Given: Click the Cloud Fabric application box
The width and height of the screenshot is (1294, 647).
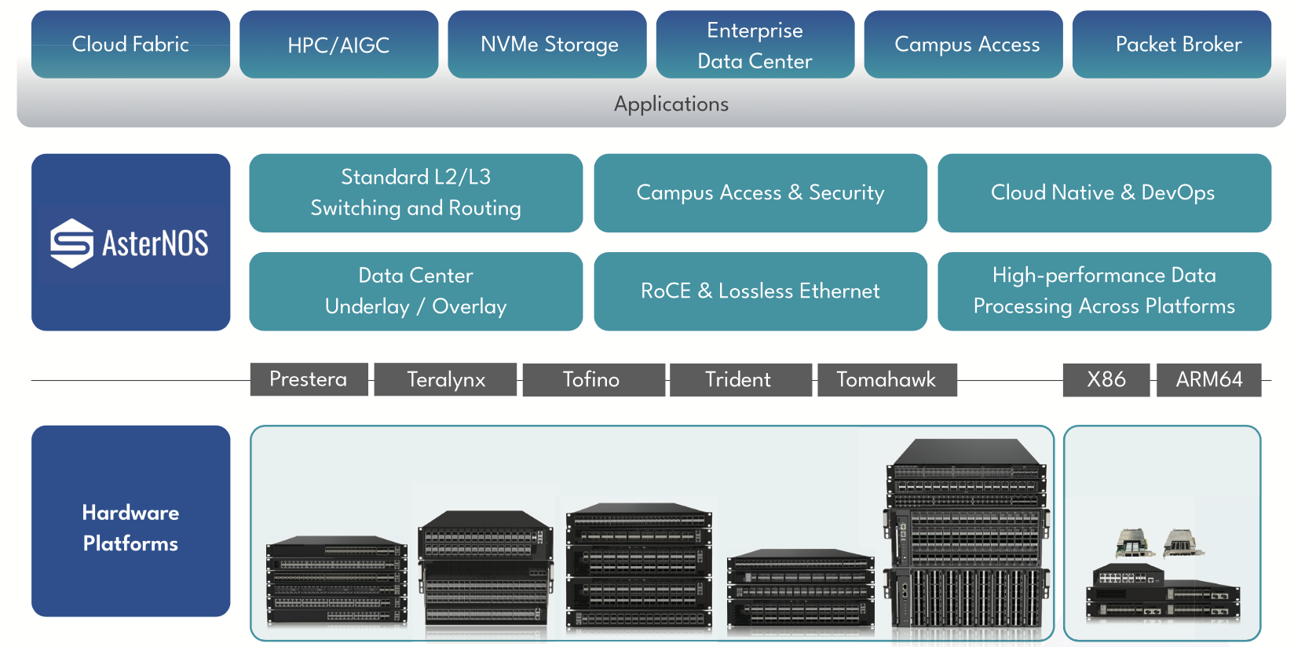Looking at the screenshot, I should [x=130, y=44].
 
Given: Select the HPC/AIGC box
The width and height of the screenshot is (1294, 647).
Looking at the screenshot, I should [x=338, y=45].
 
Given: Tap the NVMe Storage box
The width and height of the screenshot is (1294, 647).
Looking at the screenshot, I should [x=547, y=45].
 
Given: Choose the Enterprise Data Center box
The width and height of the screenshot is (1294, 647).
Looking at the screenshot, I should [x=755, y=45].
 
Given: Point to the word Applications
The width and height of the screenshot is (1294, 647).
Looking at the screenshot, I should [x=671, y=104].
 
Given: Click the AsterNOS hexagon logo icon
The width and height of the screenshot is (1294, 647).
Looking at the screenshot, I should [x=72, y=243].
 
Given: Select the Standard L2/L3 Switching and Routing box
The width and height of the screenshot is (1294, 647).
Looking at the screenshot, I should [x=415, y=193].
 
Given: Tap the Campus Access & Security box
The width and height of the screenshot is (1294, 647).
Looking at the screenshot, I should [x=760, y=193].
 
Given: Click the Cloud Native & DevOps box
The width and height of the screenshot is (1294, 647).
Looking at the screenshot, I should [x=1104, y=193].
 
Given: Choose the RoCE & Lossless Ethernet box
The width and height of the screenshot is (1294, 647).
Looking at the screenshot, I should [x=760, y=291].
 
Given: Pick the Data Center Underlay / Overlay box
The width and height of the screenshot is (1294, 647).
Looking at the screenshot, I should [x=415, y=291].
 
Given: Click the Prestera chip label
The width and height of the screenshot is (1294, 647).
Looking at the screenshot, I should [x=309, y=379].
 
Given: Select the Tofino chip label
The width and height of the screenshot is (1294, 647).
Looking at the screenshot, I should [x=592, y=380].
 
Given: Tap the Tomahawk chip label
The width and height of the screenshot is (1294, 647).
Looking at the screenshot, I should [x=886, y=380].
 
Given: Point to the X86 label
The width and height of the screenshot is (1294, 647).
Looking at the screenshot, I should [x=1106, y=380].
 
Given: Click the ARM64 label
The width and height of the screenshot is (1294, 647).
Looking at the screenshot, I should [x=1208, y=380].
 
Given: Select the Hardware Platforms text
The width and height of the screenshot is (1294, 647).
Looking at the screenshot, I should [x=130, y=528].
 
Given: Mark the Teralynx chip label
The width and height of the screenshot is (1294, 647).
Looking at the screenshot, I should [x=445, y=380].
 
